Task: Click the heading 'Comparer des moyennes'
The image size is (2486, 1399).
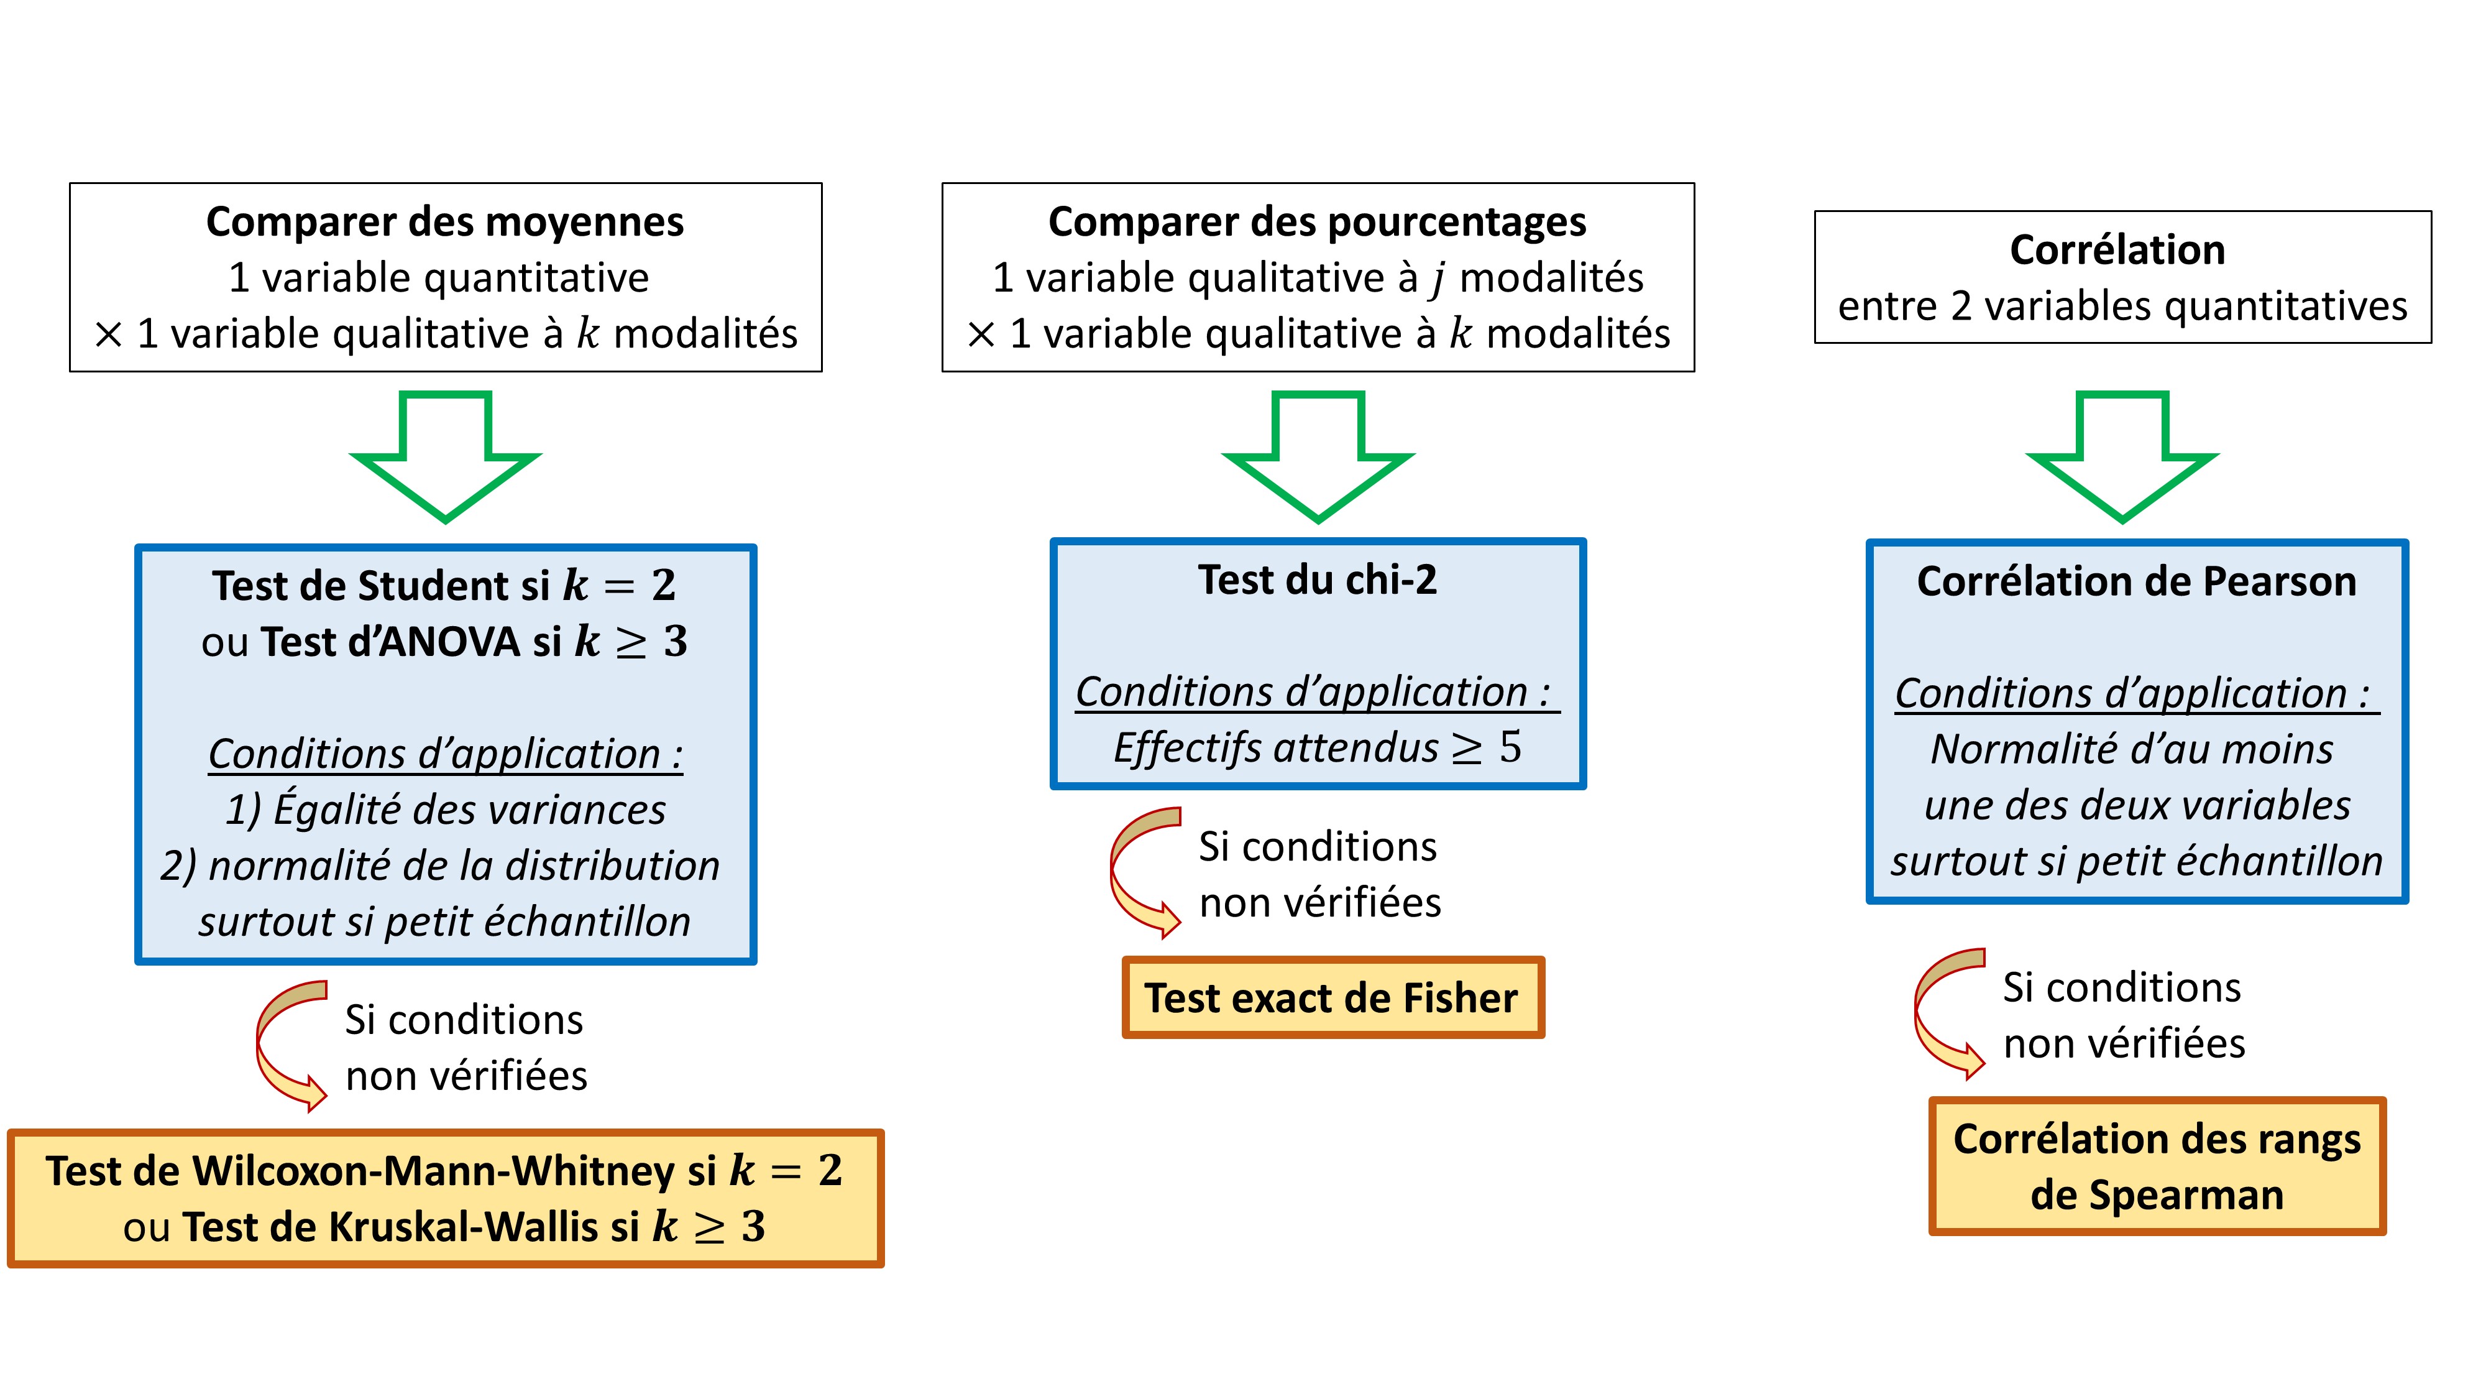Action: coord(445,222)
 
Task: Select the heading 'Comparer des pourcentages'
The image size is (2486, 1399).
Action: coord(1318,222)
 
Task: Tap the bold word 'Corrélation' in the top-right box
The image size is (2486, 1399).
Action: coord(2117,250)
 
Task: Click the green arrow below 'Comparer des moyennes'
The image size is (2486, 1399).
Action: coord(446,456)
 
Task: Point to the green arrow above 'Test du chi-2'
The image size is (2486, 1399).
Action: coord(1318,456)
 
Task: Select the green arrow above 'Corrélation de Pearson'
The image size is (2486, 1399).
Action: coord(2122,456)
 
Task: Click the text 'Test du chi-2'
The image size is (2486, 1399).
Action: coord(1318,579)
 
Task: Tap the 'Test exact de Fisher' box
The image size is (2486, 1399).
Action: coord(1332,997)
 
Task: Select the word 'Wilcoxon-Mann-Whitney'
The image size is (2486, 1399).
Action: coord(433,1171)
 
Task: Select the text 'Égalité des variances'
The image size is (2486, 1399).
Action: coord(470,809)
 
